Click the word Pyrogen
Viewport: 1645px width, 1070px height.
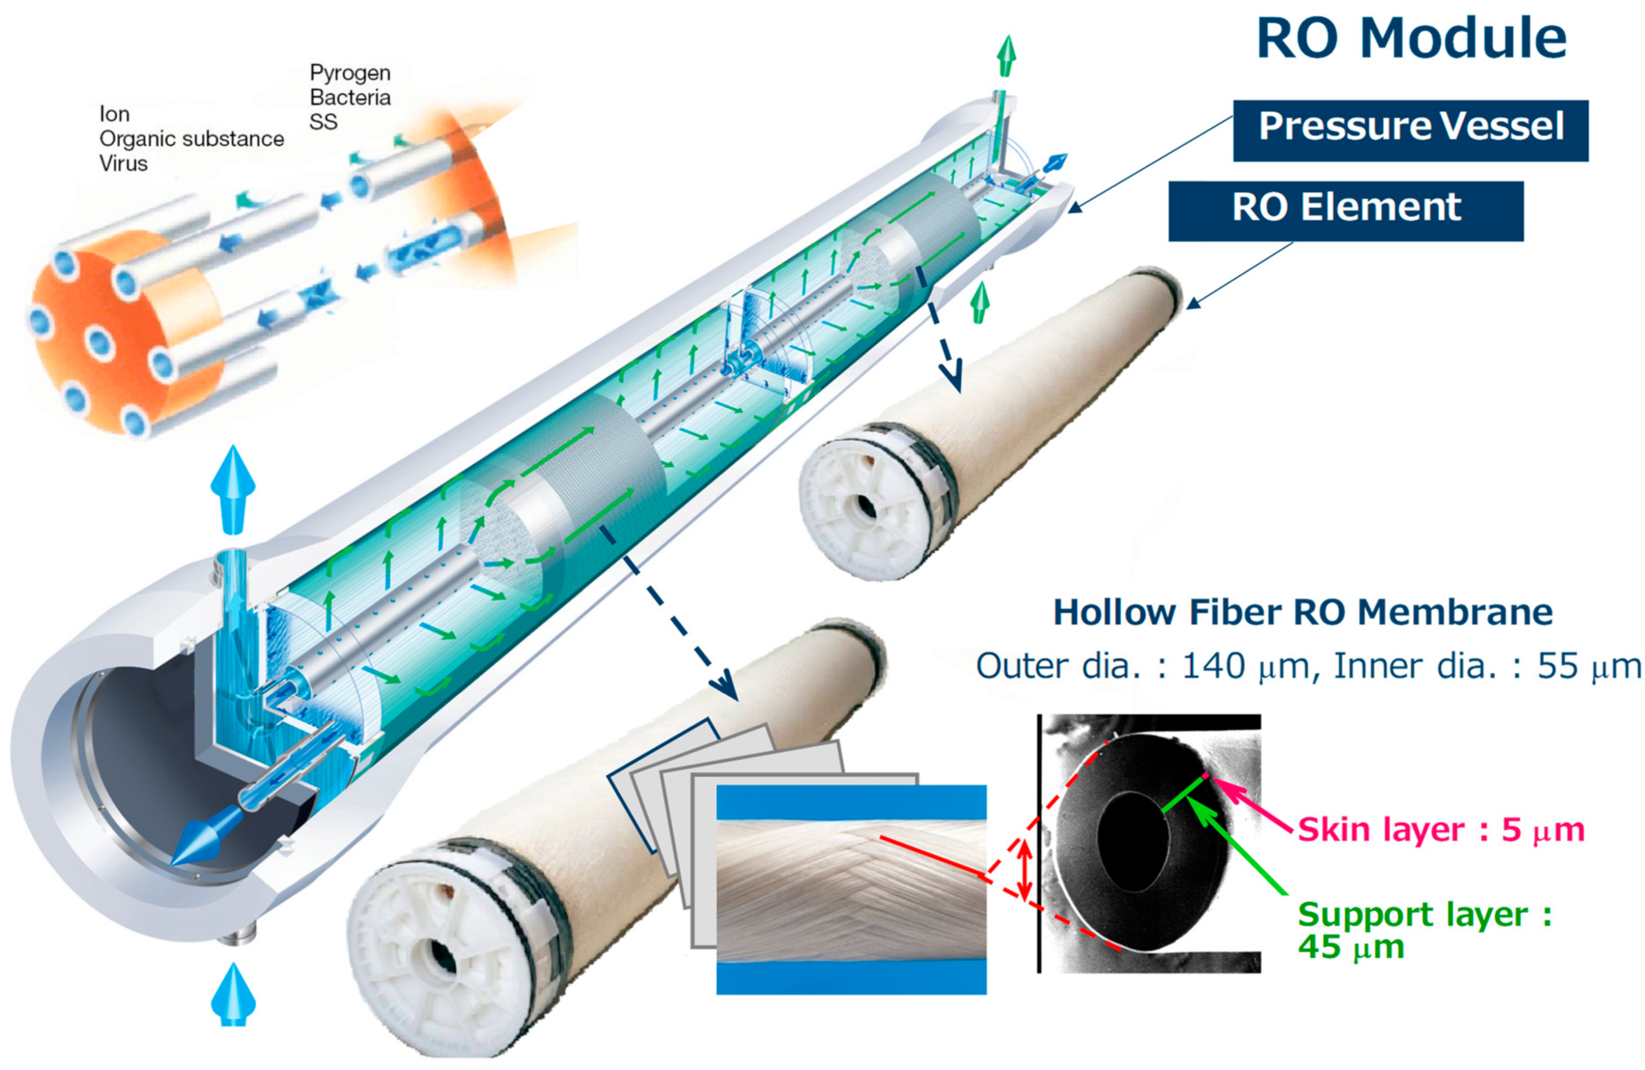click(350, 73)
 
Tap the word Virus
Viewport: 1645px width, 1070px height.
click(123, 164)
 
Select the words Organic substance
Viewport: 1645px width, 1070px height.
click(191, 139)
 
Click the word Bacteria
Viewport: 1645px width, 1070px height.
click(350, 98)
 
